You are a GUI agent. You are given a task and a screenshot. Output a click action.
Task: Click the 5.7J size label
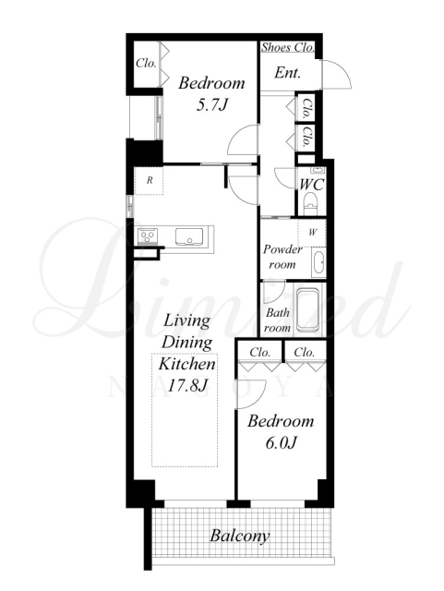pyautogui.click(x=211, y=105)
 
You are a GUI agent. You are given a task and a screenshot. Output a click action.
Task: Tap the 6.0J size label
pyautogui.click(x=281, y=443)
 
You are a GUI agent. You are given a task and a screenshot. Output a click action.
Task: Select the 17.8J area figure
pyautogui.click(x=187, y=385)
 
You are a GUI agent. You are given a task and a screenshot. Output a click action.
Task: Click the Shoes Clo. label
pyautogui.click(x=288, y=47)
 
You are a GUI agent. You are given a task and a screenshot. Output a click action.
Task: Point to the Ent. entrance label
pyautogui.click(x=288, y=72)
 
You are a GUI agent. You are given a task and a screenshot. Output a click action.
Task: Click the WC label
pyautogui.click(x=311, y=185)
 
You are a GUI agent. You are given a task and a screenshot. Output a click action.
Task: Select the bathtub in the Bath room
pyautogui.click(x=309, y=309)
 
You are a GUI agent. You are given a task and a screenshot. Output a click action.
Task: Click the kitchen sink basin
pyautogui.click(x=189, y=236)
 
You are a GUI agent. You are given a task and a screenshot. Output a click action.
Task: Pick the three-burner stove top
pyautogui.click(x=148, y=236)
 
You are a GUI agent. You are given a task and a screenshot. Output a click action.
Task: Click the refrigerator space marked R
pyautogui.click(x=150, y=181)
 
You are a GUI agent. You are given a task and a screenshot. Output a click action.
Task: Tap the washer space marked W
pyautogui.click(x=312, y=233)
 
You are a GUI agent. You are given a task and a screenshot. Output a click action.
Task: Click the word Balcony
pyautogui.click(x=240, y=536)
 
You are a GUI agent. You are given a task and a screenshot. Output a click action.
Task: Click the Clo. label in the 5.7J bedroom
pyautogui.click(x=146, y=63)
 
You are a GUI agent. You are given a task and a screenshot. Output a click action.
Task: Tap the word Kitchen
pyautogui.click(x=187, y=364)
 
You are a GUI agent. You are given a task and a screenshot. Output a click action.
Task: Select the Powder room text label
pyautogui.click(x=282, y=257)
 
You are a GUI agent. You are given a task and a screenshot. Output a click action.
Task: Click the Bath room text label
pyautogui.click(x=278, y=320)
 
